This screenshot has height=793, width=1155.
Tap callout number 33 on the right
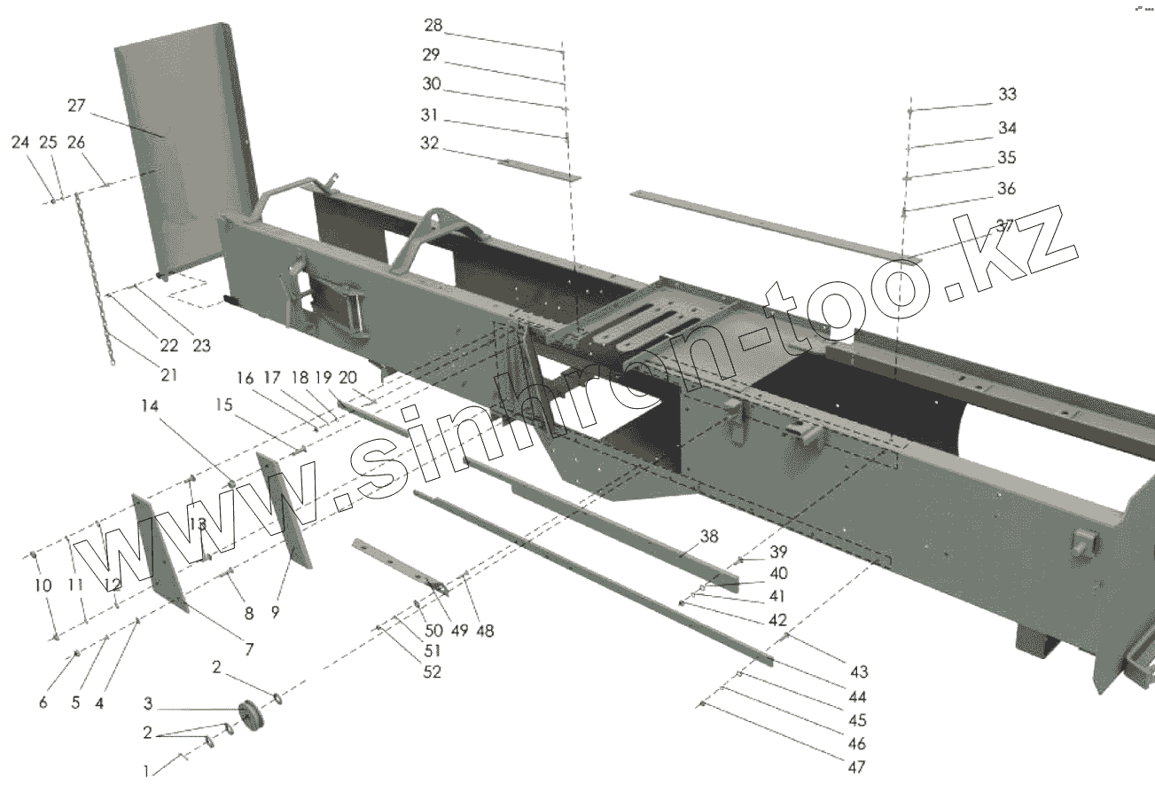(1007, 95)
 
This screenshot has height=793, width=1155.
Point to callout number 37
(1003, 225)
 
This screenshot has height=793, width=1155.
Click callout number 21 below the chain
(168, 375)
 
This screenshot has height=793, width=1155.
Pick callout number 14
(149, 407)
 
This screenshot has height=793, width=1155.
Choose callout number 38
(708, 537)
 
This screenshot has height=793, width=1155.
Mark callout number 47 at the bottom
(855, 767)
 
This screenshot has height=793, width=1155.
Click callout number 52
(432, 672)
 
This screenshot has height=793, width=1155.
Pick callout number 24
(20, 142)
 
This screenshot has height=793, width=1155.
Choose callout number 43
(858, 671)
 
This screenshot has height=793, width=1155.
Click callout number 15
(223, 405)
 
